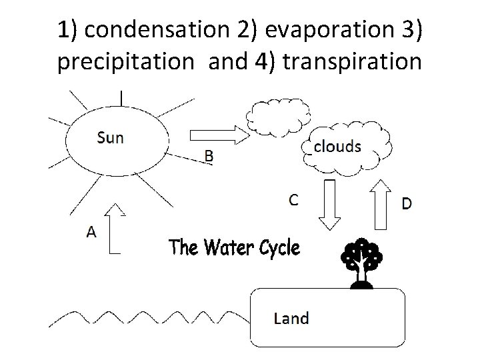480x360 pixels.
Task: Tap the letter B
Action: (x=209, y=157)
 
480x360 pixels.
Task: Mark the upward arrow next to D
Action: (x=382, y=203)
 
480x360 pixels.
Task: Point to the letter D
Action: (x=406, y=204)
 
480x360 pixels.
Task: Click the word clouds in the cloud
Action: (x=337, y=146)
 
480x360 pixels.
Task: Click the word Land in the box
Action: (x=291, y=318)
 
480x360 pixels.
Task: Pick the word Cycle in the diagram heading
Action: (x=273, y=248)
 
